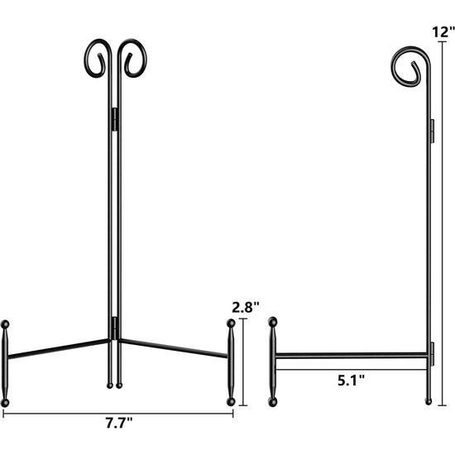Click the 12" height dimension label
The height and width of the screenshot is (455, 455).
(443, 32)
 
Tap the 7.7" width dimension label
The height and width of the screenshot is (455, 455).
(119, 423)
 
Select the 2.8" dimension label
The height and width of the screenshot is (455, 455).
(246, 308)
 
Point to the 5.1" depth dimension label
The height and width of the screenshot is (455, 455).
(351, 381)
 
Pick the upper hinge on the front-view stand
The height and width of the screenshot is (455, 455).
(115, 120)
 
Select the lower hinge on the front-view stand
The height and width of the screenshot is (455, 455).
(115, 328)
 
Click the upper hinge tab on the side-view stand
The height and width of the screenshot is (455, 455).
(432, 131)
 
